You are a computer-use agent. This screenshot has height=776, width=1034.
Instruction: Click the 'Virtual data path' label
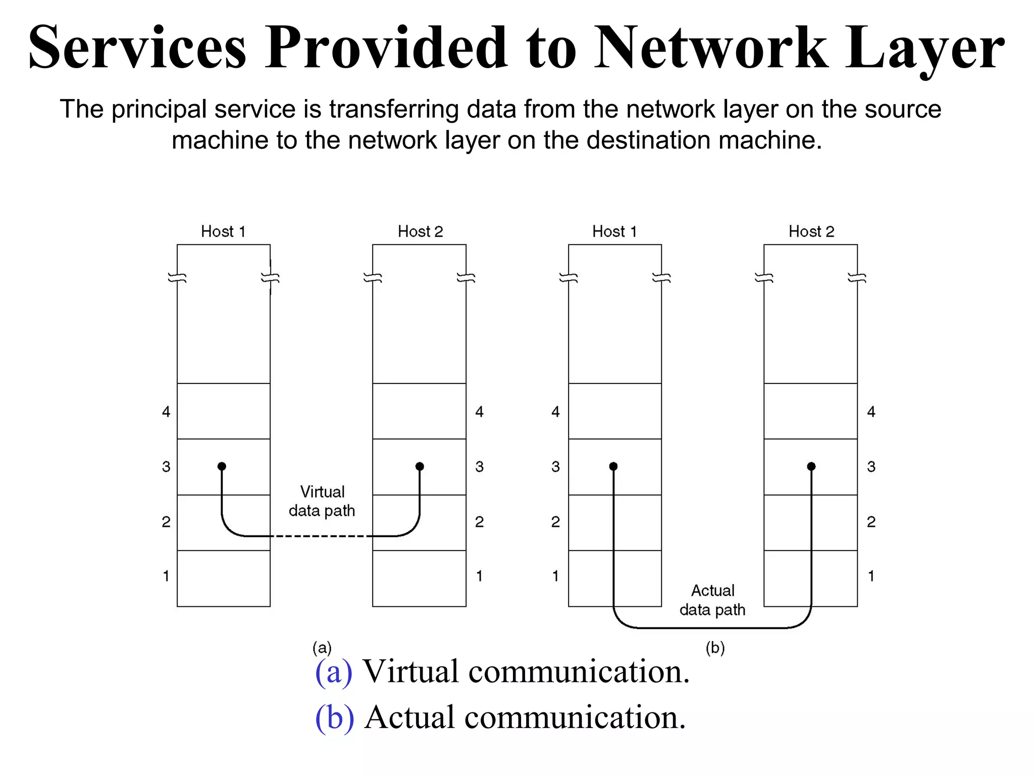tap(322, 501)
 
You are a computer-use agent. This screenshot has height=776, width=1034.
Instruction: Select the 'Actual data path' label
tap(712, 600)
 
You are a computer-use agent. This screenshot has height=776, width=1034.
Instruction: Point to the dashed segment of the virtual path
tap(321, 536)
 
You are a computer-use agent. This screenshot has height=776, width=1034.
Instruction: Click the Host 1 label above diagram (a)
tap(223, 231)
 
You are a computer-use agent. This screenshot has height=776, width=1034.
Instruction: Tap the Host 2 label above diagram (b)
tap(811, 231)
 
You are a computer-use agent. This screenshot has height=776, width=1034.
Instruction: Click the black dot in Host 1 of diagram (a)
tap(222, 466)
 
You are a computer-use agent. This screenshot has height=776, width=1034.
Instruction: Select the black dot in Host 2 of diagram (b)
tap(811, 466)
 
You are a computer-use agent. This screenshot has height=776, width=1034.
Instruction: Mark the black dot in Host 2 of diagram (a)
tap(420, 466)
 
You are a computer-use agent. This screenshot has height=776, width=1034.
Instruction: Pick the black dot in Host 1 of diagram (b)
tap(613, 466)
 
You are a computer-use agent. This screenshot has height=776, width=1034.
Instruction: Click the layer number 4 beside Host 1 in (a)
tap(166, 412)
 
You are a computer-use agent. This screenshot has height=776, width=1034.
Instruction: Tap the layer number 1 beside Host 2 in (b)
tap(871, 576)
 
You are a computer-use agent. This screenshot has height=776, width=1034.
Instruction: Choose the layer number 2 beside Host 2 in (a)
tap(479, 521)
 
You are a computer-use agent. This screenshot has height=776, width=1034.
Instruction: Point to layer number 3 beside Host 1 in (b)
tap(555, 466)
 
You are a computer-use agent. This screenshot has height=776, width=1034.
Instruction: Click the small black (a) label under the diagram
tap(322, 647)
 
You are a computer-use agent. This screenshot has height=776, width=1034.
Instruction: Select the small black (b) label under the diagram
tap(715, 647)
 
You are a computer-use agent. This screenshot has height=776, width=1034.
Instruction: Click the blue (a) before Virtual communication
tap(333, 672)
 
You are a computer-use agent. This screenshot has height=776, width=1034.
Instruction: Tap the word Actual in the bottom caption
tap(409, 717)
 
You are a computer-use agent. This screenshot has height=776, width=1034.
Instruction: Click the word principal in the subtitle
tap(159, 110)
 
